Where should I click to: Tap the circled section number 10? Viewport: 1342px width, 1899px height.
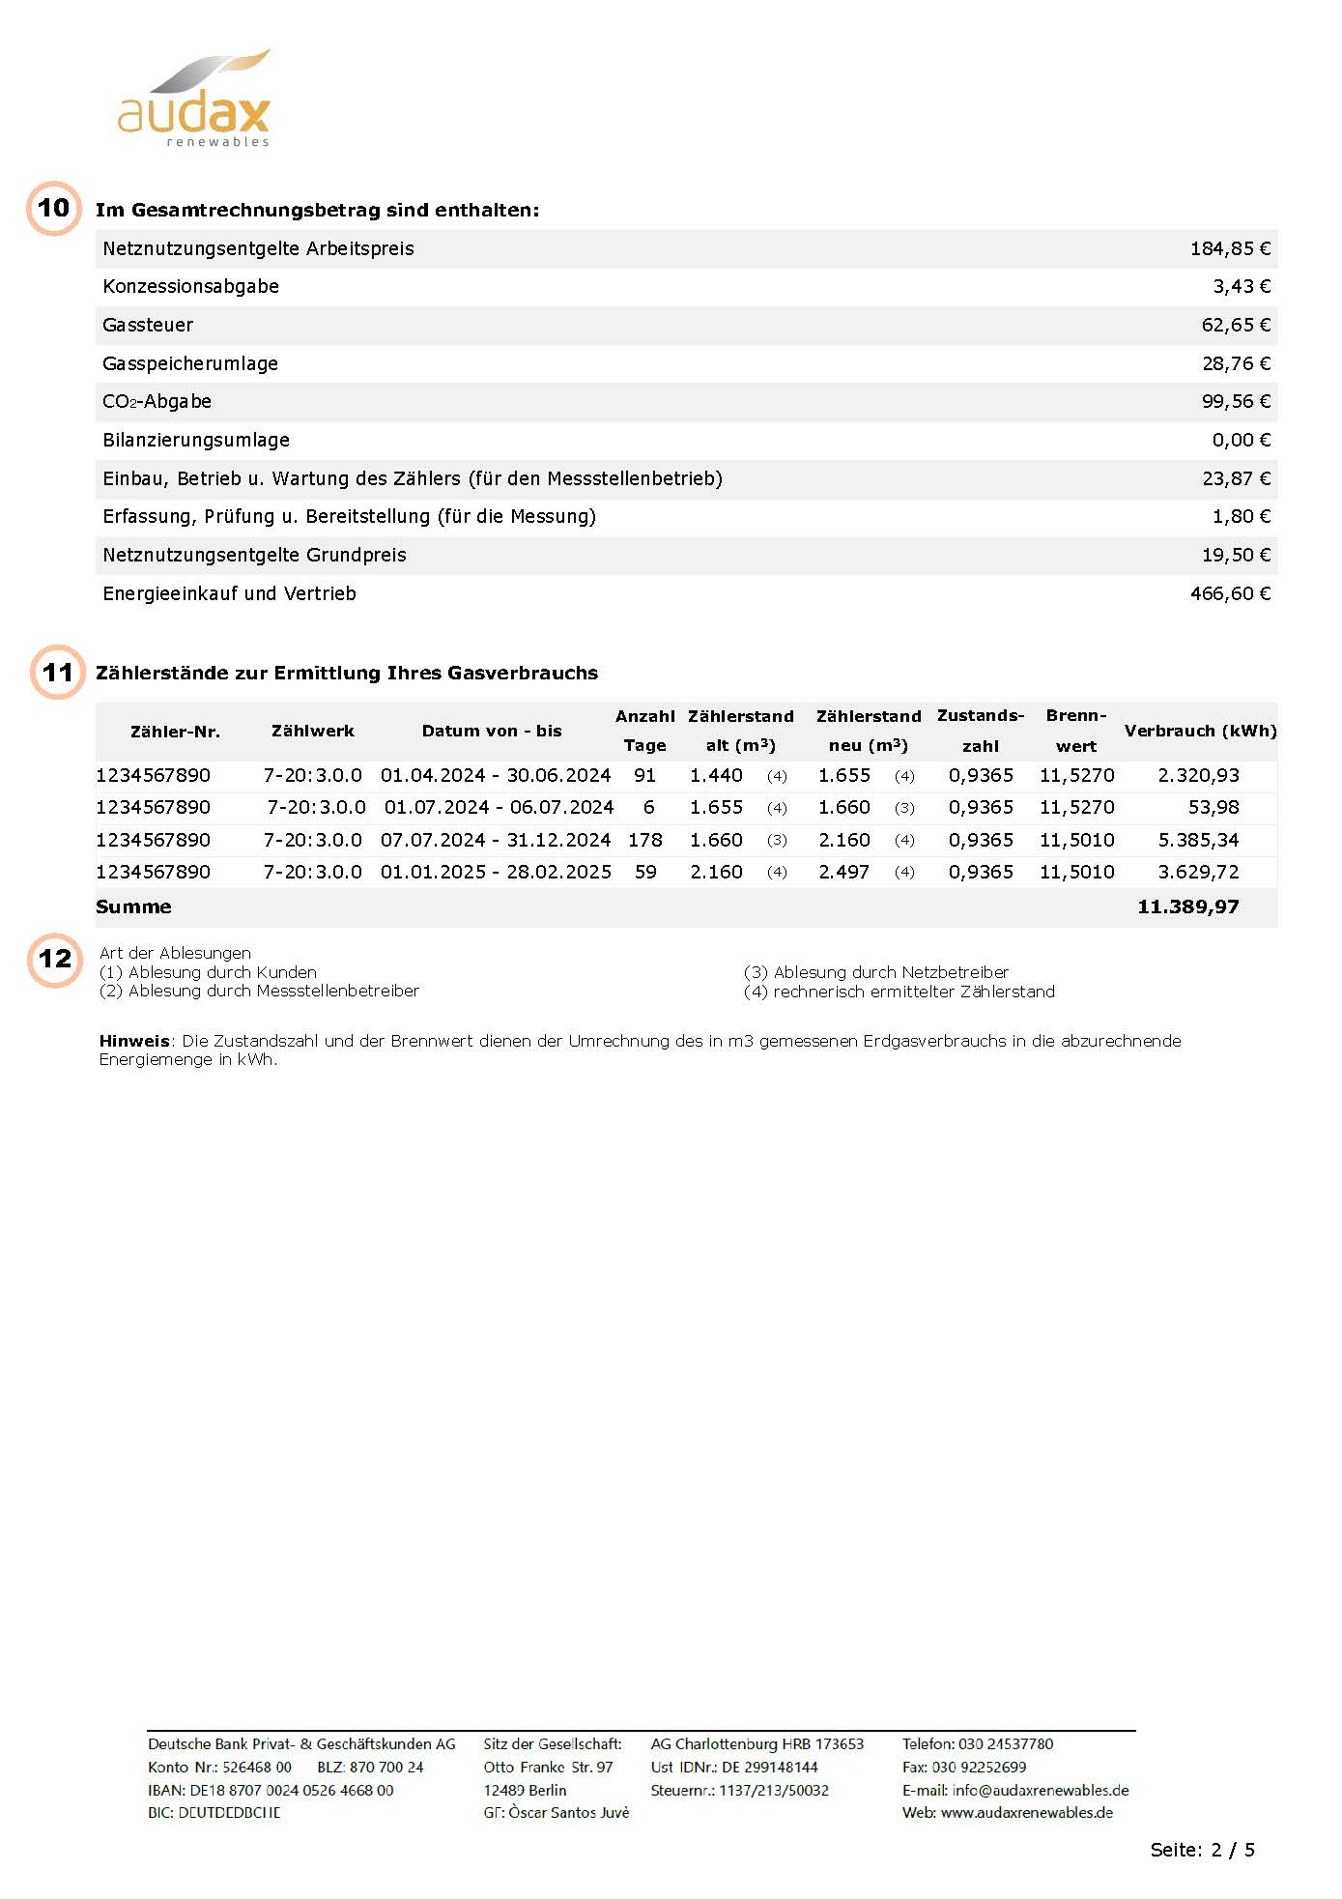[x=54, y=208]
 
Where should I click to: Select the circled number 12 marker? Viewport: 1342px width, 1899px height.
[x=55, y=959]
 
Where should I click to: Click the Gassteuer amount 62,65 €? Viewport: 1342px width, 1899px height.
[x=1236, y=326]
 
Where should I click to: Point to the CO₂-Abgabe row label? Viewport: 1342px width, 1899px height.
[x=157, y=402]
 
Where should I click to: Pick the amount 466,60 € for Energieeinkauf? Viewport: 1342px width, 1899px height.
[x=1230, y=594]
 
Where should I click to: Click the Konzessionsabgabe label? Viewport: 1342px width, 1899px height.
[x=191, y=287]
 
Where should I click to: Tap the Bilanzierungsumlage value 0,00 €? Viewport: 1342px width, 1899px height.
[x=1241, y=441]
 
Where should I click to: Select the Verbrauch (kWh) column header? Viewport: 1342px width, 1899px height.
[x=1200, y=732]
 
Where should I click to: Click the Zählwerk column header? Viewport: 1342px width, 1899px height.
[x=313, y=732]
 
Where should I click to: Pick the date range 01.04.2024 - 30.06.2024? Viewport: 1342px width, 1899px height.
[x=496, y=776]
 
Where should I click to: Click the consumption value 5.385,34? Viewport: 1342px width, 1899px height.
[x=1198, y=841]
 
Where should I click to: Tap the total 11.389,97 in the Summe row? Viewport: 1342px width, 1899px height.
[x=1187, y=907]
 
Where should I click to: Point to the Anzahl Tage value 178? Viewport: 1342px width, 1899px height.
[x=645, y=841]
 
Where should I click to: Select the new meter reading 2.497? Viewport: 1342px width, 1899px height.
[x=843, y=873]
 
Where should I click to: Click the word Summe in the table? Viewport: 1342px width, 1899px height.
[x=134, y=907]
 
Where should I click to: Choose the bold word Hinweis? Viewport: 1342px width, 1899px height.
[x=134, y=1042]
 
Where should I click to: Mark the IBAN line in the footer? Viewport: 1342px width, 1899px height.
[x=271, y=1791]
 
